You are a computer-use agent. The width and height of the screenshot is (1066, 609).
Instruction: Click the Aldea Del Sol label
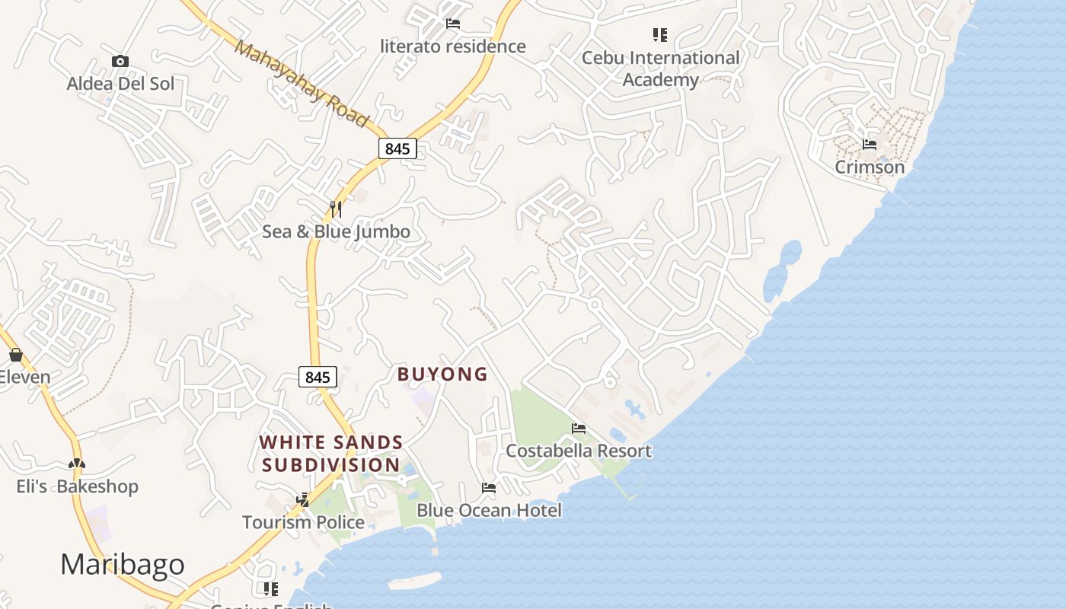click(x=120, y=84)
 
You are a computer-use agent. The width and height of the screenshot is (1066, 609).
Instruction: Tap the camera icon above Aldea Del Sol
click(x=120, y=62)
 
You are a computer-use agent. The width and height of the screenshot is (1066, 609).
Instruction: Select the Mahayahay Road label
click(x=302, y=83)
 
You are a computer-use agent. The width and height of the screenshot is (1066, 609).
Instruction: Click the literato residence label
click(x=453, y=46)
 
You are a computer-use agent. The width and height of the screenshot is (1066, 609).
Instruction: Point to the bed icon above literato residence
click(x=453, y=24)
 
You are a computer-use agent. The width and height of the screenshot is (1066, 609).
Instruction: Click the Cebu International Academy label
click(x=660, y=69)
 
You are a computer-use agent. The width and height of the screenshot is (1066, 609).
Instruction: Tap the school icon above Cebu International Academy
click(x=660, y=35)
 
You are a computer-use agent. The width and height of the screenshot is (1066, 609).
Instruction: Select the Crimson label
click(x=870, y=167)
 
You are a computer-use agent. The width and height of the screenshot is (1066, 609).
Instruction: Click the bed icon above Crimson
click(x=870, y=145)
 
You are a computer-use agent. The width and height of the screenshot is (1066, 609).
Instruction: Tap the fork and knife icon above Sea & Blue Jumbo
click(x=335, y=209)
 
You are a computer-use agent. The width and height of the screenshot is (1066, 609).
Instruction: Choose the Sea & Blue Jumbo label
click(x=336, y=232)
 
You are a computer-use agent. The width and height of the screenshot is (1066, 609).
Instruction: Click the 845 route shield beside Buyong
click(x=318, y=377)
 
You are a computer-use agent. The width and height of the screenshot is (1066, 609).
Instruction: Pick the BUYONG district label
click(x=442, y=374)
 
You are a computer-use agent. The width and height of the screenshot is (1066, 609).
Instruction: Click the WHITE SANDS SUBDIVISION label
click(x=331, y=454)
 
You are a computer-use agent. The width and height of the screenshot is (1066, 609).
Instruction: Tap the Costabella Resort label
click(x=579, y=451)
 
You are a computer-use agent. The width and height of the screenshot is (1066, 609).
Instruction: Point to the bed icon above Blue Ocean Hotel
click(x=489, y=488)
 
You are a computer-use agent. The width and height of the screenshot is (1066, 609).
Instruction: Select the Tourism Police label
click(x=303, y=522)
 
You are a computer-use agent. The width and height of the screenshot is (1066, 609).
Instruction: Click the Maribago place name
click(x=122, y=565)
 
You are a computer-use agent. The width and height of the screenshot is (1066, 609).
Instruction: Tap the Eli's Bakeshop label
click(x=78, y=486)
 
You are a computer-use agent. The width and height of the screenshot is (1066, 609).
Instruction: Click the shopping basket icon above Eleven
click(x=15, y=355)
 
